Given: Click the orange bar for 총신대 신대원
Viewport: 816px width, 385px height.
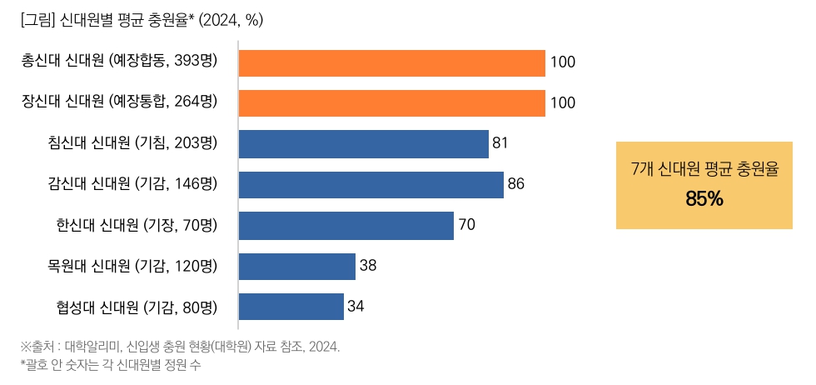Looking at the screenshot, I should (391, 62).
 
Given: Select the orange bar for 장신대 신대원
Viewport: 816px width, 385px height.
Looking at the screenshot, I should (391, 102).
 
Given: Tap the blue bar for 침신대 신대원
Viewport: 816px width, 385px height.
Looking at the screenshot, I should (363, 143).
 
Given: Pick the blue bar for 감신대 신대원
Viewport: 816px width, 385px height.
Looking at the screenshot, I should (371, 184).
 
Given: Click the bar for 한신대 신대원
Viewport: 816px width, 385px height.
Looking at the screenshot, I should (346, 225).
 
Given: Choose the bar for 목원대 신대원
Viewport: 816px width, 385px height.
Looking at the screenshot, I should (296, 266).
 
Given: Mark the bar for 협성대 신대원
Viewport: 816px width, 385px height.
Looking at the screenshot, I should (291, 306).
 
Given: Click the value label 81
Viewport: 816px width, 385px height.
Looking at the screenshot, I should (500, 143).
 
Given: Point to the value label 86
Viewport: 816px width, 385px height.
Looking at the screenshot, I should (516, 184).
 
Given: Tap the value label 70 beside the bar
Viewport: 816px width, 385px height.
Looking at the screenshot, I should (466, 225).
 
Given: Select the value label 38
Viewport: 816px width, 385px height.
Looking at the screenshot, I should (368, 266).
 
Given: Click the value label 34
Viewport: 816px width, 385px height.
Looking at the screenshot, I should (356, 306).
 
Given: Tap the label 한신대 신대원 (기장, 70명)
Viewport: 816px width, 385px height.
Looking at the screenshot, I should (137, 225).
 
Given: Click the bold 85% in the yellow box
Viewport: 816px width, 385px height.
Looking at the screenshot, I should (704, 199).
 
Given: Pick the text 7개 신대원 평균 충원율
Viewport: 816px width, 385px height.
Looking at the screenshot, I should (704, 170).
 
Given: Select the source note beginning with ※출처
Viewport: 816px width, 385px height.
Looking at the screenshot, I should (180, 347).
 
